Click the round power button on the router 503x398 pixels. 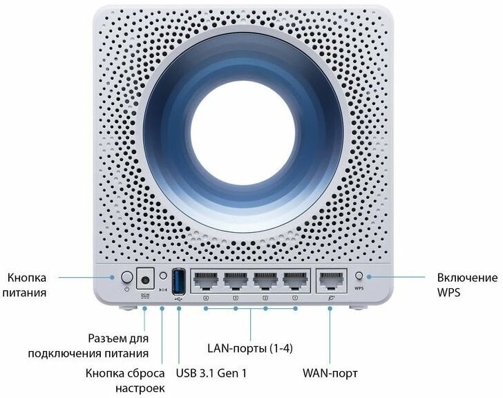pos(126,277)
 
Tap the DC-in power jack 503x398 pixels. pos(146,278)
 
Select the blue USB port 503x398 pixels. pos(178,280)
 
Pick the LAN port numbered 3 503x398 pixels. pos(236,280)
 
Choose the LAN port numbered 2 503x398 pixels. pos(265,280)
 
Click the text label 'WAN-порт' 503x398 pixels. pos(330,374)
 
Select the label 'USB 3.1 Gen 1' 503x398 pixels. pos(211,374)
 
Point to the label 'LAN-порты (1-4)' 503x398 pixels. pos(250,346)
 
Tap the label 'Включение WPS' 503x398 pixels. pos(466,285)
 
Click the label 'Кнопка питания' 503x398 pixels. pos(27,285)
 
